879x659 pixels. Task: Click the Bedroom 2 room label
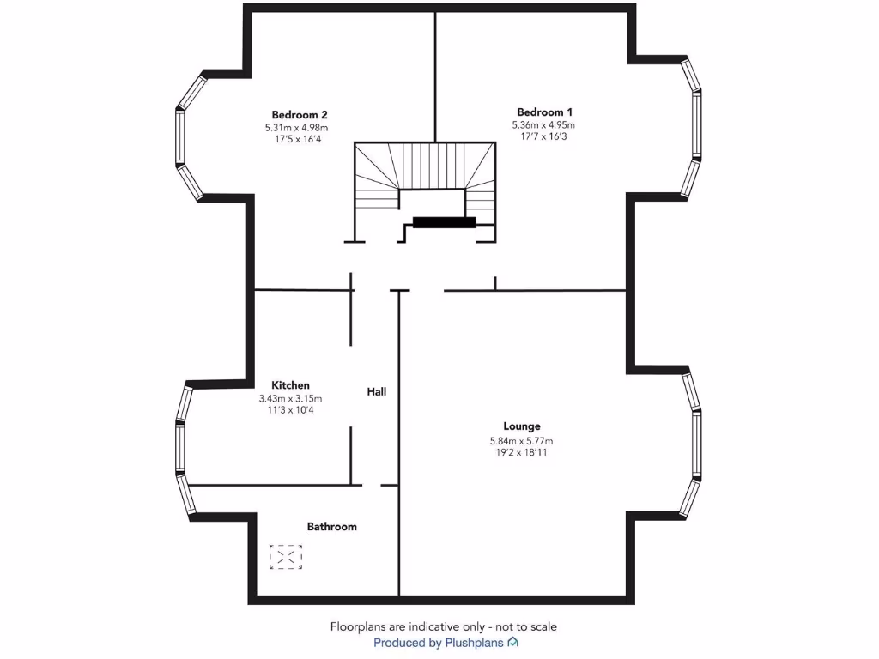tap(300, 114)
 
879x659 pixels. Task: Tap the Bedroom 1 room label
tap(544, 112)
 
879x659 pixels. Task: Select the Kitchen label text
tap(290, 385)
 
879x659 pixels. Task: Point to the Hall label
tap(377, 391)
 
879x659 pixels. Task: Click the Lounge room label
tap(522, 426)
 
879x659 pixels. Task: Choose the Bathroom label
tap(331, 526)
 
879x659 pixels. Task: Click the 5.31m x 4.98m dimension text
tap(297, 127)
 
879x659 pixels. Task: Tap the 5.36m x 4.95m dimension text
tap(543, 124)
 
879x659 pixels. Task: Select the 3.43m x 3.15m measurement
tap(290, 398)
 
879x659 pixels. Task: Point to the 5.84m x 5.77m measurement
tap(521, 441)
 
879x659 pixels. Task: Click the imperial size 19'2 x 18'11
tap(521, 452)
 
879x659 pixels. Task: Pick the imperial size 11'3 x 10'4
tap(290, 410)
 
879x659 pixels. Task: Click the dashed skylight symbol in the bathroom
tap(286, 557)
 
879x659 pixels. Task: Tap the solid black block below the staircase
tap(444, 222)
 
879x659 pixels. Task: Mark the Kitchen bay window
tap(181, 450)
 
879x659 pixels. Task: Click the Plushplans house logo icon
tap(513, 642)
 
